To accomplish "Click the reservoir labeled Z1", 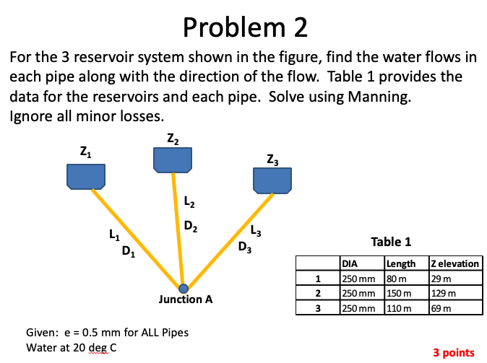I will pyautogui.click(x=86, y=175).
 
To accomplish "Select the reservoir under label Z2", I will pyautogui.click(x=172, y=159).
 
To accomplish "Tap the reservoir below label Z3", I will pyautogui.click(x=272, y=180).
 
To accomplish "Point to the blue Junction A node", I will pyautogui.click(x=183, y=288).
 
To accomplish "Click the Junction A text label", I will pyautogui.click(x=186, y=299).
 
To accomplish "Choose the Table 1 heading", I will pyautogui.click(x=391, y=242).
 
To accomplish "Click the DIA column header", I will pyautogui.click(x=350, y=263).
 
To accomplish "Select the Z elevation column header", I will pyautogui.click(x=454, y=263).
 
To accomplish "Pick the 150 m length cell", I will pyautogui.click(x=399, y=294).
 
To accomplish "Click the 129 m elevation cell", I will pyautogui.click(x=442, y=294).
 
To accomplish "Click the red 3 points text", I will pyautogui.click(x=453, y=352).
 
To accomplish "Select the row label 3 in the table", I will pyautogui.click(x=317, y=308).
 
